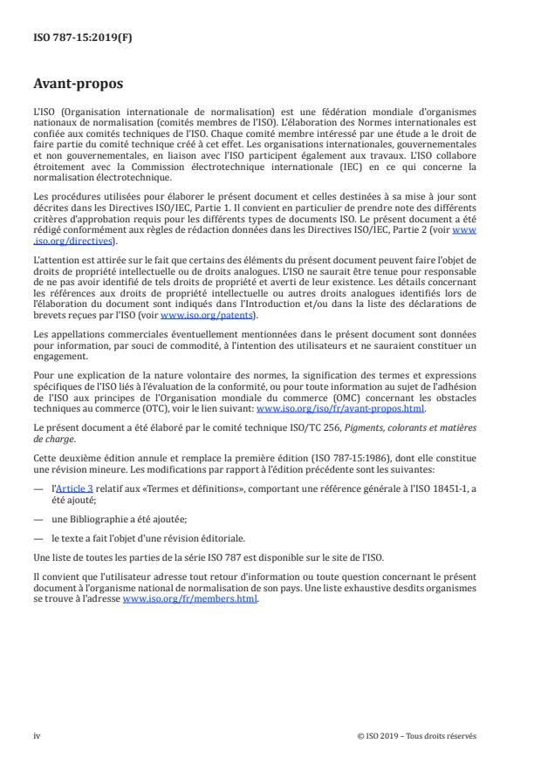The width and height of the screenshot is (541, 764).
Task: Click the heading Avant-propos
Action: (x=78, y=85)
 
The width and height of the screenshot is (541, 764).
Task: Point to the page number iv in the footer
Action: (x=37, y=735)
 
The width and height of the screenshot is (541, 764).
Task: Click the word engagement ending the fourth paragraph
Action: (x=59, y=367)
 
